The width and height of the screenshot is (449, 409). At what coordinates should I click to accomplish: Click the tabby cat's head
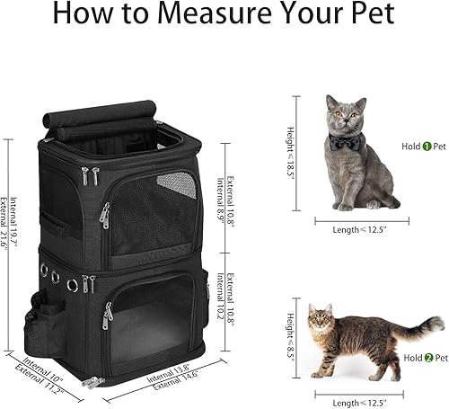pyautogui.click(x=321, y=320)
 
